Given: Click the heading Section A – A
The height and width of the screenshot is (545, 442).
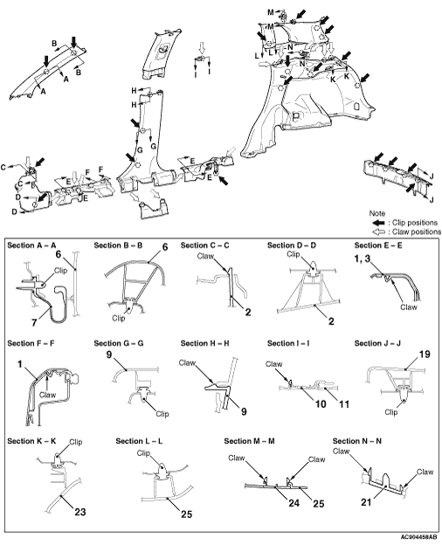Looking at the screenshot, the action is pos(31,245).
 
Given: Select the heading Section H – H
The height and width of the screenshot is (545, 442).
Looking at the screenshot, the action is pos(204,343).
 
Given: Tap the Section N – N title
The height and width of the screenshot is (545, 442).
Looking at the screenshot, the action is pos(356,441).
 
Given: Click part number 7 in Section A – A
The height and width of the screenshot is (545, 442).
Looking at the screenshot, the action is pos(34,322).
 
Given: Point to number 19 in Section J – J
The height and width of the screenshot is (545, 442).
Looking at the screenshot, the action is pos(425,355).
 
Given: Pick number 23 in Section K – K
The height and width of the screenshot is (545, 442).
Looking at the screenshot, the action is pos(80,512).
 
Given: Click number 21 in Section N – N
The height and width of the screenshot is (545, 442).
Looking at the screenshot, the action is pos(366,502).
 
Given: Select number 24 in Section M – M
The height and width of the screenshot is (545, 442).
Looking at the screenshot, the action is pos(294,503).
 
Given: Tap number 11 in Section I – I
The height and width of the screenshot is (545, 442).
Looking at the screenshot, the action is pos(343,404).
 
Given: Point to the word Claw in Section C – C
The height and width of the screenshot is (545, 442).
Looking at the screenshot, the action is pos(205,256).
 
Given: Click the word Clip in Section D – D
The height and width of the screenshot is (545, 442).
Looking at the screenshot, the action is pos(294,254).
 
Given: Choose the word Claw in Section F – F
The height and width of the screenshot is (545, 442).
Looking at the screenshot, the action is pos(48,395).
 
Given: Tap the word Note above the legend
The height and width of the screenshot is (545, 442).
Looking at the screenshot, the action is pos(377,213).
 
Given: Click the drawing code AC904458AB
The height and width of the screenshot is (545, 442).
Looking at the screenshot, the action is pos(419,537).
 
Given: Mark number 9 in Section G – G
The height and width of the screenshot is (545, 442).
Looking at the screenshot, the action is pos(109,355).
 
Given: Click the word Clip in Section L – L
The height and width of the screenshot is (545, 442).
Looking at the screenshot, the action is pos(143,453).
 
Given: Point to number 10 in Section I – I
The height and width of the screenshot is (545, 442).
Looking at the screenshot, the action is pos(321,404).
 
